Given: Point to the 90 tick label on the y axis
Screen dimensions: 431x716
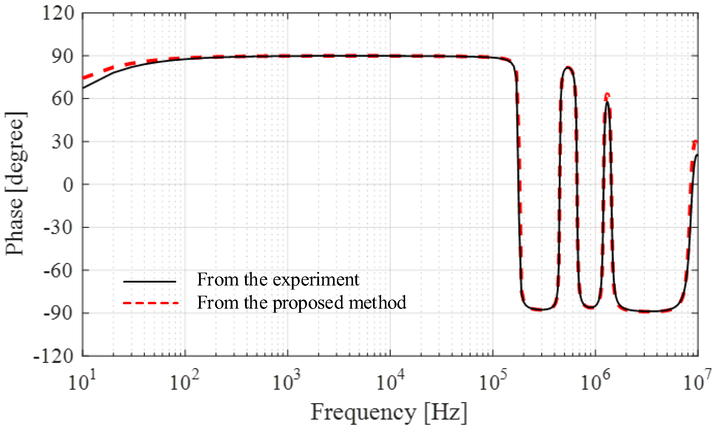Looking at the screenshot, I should point(62,56).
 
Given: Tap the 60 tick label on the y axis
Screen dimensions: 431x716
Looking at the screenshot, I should point(62,99).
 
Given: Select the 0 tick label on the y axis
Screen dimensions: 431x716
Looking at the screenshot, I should point(68,185).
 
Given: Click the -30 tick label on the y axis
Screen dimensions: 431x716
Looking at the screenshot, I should point(58,228).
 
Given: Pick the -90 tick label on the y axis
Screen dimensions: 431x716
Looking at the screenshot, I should point(58,314).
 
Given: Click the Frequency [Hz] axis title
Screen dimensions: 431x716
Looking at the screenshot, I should point(388,413).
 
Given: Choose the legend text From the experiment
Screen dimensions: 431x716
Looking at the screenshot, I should point(278,280).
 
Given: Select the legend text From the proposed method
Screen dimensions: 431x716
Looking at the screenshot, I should point(302,302).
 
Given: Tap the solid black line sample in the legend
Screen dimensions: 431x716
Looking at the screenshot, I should point(150,282).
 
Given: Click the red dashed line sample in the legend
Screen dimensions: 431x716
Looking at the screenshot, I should point(150,303).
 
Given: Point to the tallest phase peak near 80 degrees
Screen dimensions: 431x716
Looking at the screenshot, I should point(568,68).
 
